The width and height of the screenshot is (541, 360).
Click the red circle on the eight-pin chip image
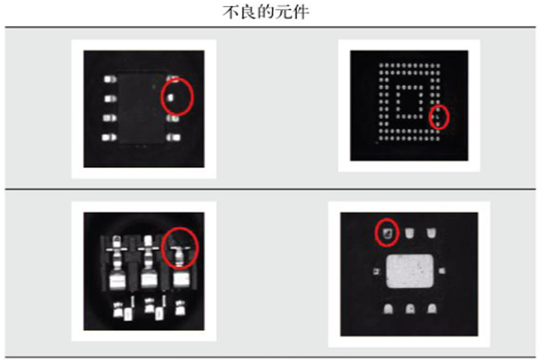click(178, 95)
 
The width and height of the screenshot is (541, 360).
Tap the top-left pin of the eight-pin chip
click(109, 79)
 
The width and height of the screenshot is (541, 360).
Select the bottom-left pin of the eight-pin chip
click(109, 136)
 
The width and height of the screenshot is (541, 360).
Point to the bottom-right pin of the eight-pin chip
click(174, 136)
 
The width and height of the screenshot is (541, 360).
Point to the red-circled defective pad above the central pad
click(386, 231)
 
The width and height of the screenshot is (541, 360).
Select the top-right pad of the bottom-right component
click(431, 231)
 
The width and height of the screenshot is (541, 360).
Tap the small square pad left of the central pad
click(375, 271)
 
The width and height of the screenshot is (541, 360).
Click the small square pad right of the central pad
click(444, 271)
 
